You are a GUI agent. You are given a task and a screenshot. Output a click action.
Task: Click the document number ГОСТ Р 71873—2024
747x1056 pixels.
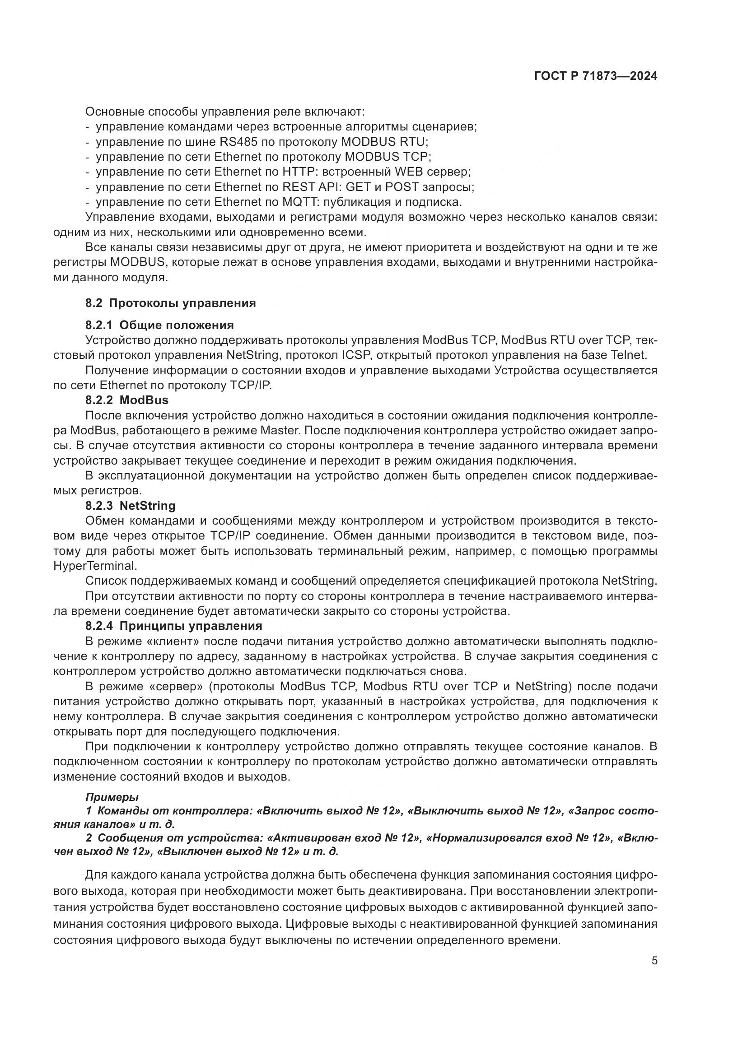coord(596,76)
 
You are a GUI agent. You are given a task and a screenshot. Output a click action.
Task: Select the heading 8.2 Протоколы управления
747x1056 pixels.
coord(170,303)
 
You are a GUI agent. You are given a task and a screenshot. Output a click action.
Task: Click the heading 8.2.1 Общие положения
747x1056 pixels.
coord(159,325)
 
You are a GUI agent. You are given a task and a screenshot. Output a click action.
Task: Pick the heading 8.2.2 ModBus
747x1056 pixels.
coord(127,400)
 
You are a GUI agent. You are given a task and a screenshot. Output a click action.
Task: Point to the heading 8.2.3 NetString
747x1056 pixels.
coord(130,506)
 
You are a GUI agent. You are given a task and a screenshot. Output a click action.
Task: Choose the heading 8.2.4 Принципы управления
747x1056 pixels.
coord(174,625)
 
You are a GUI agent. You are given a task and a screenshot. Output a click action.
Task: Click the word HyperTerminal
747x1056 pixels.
coord(95,566)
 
